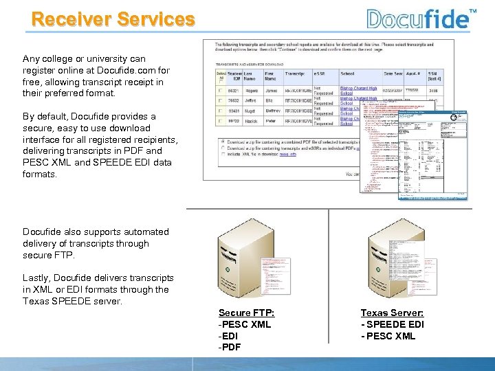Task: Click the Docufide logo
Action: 417,18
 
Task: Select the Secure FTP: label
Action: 246,313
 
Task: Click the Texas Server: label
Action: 392,313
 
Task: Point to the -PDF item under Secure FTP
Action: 231,348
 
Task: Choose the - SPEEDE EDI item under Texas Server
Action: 393,324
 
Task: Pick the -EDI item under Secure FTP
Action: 230,336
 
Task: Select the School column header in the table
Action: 348,74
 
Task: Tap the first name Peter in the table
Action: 273,120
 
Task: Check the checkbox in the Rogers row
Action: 221,89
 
